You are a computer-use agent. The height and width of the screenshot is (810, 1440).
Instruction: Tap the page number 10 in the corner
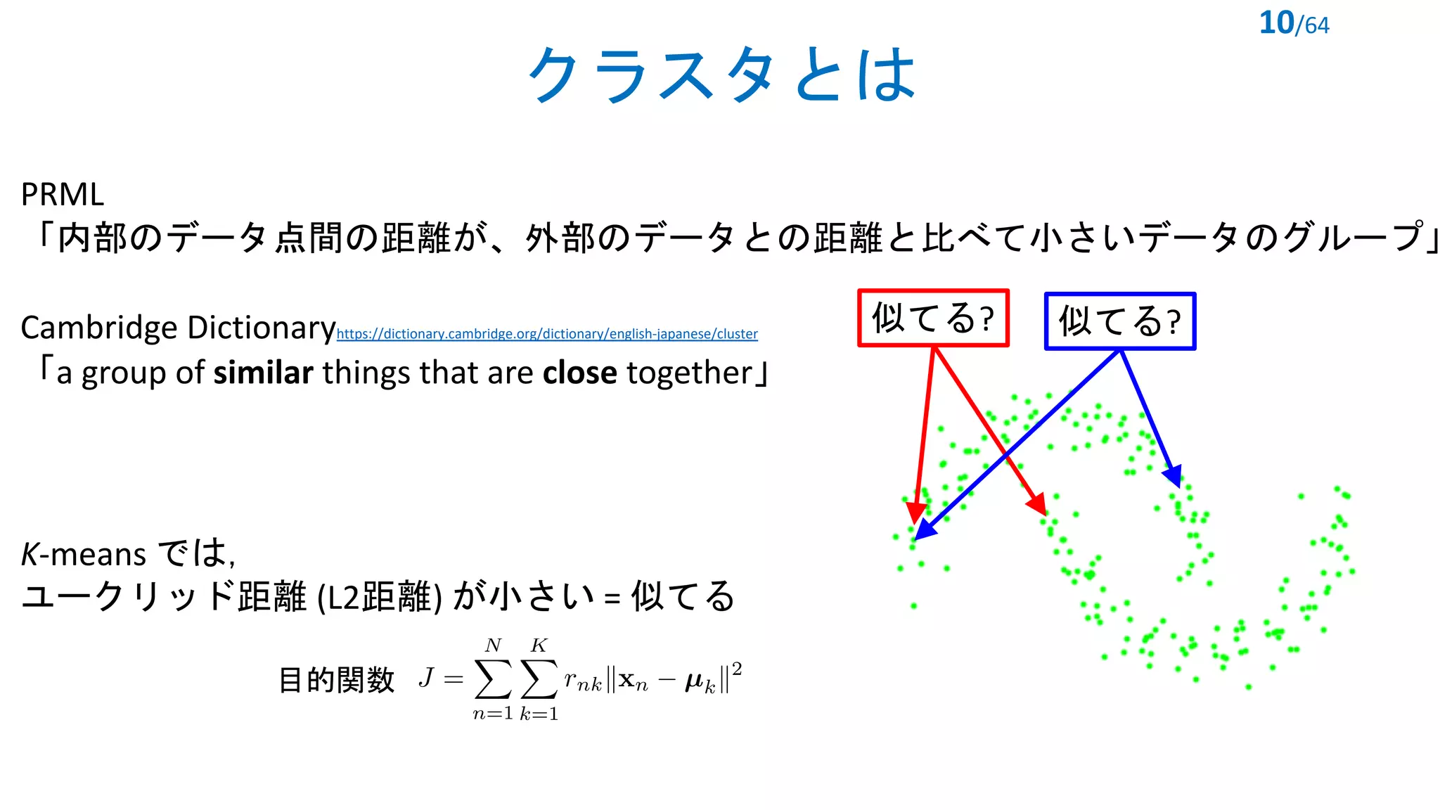[x=1275, y=23]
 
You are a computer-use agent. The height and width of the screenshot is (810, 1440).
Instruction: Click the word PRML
[x=63, y=195]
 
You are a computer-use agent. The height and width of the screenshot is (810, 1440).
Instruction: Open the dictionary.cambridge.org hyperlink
[x=546, y=334]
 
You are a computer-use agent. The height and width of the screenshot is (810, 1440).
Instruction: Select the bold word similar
[x=263, y=373]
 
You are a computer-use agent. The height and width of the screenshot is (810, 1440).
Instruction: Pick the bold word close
[x=579, y=373]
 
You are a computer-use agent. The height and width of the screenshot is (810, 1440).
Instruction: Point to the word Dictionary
[x=261, y=328]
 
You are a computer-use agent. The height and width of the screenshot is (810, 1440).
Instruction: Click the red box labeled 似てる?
[x=933, y=318]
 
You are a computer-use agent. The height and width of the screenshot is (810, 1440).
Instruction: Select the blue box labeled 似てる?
[x=1119, y=321]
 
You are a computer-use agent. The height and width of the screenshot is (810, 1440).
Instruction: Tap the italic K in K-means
[x=30, y=555]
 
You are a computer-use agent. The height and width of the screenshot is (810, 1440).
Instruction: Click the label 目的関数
[x=336, y=680]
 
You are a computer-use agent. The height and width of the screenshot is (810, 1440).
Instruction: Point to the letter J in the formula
[x=426, y=678]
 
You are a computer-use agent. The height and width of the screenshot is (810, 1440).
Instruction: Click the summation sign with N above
[x=493, y=679]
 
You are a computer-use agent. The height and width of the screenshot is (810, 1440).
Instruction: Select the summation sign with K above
[x=539, y=679]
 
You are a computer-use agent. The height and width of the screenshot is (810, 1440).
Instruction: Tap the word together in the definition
[x=689, y=373]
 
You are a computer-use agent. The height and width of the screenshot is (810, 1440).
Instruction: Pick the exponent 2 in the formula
[x=736, y=668]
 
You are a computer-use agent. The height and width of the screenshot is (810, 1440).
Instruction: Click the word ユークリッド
[x=127, y=597]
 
